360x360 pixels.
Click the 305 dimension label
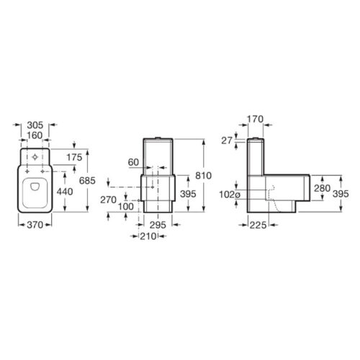[x=35, y=125]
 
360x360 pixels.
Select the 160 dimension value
[x=35, y=135]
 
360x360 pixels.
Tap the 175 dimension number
[x=74, y=158]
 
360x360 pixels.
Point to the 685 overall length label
[x=87, y=181]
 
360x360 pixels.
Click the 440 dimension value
[x=65, y=192]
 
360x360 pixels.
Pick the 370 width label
[x=35, y=225]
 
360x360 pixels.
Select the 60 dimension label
[x=133, y=163]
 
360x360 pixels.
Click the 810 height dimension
[x=203, y=176]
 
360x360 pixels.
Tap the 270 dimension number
[x=108, y=199]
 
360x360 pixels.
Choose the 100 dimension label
[x=126, y=207]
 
